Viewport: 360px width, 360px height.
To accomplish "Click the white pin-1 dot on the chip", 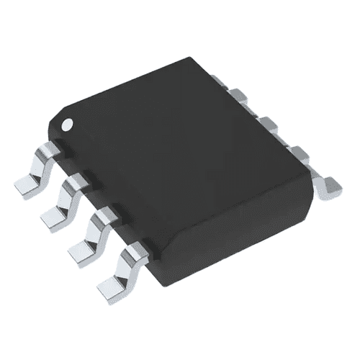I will click(x=67, y=124).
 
